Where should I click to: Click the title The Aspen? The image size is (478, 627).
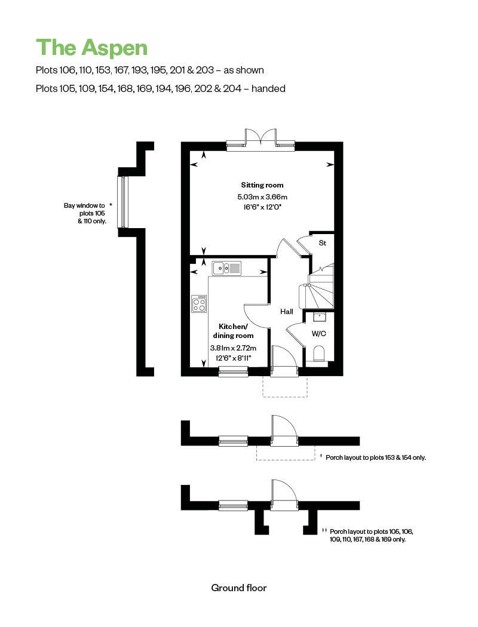click(x=91, y=47)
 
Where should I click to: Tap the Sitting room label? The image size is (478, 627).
click(x=262, y=185)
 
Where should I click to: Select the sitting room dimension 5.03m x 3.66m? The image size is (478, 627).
click(x=262, y=196)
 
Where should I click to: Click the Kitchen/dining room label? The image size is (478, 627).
click(x=233, y=331)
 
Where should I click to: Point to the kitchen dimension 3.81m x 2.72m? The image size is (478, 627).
click(x=233, y=348)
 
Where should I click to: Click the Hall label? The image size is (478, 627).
click(x=287, y=311)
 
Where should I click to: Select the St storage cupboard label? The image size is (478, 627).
click(x=322, y=243)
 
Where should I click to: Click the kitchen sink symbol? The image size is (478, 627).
click(x=227, y=268)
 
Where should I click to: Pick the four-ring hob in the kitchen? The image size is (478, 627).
click(x=200, y=304)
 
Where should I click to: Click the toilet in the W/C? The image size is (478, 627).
click(x=318, y=353)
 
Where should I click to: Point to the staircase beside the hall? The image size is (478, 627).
click(x=320, y=286)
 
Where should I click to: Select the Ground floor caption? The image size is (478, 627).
click(x=239, y=588)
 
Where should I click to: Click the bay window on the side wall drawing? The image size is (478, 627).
click(x=123, y=201)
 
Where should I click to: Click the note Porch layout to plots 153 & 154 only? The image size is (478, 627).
click(x=375, y=457)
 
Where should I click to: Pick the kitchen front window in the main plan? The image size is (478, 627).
click(x=233, y=372)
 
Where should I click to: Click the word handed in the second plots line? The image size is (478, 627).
click(x=268, y=88)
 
